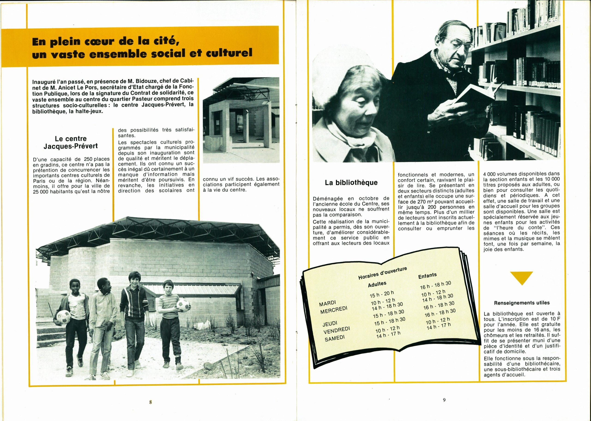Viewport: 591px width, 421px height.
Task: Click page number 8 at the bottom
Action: coord(151,402)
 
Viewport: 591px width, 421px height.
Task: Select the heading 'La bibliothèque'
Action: coord(351,183)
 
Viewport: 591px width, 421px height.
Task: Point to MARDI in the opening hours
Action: coord(327,303)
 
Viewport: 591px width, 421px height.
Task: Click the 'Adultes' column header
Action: coord(377,284)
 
